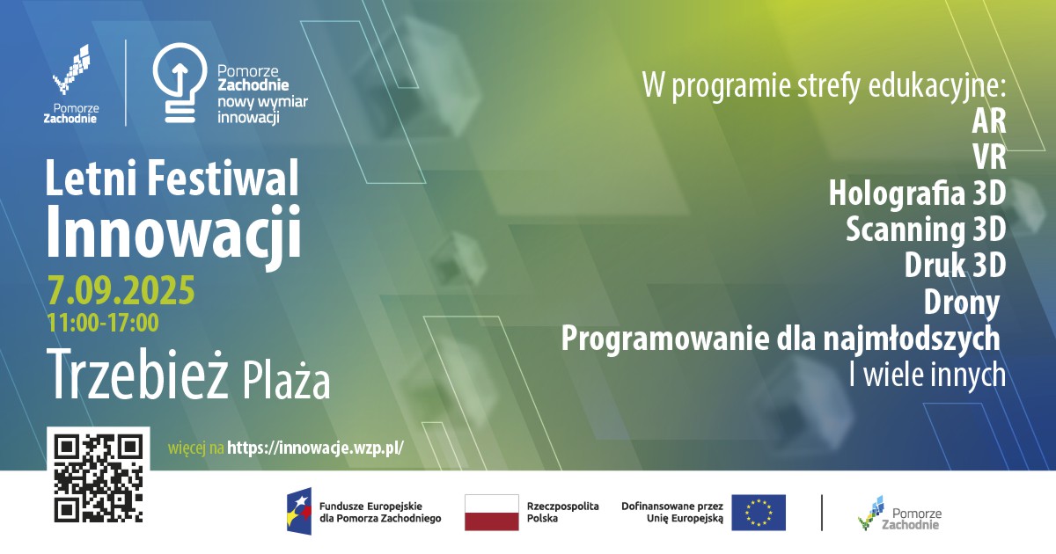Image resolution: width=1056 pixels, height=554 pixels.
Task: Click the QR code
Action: pos(99,478)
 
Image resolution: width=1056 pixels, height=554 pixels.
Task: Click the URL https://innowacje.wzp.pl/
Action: pos(315,448)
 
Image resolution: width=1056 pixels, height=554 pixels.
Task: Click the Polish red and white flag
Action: pos(491,513)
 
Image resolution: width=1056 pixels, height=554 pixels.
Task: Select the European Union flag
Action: pos(759,513)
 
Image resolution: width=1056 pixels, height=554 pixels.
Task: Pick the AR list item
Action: pos(989,120)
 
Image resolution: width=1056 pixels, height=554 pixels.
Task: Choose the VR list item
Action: pos(989,157)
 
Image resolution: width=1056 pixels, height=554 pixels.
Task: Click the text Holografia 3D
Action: pos(916,193)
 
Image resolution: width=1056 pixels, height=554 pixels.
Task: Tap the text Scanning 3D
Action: pos(925,229)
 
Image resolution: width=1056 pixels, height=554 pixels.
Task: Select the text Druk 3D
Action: pos(955,265)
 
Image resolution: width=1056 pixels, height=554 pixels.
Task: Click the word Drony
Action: pos(962,302)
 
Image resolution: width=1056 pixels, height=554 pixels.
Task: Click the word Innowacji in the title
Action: pos(172,232)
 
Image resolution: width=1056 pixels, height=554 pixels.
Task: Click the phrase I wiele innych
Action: pos(927,375)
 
